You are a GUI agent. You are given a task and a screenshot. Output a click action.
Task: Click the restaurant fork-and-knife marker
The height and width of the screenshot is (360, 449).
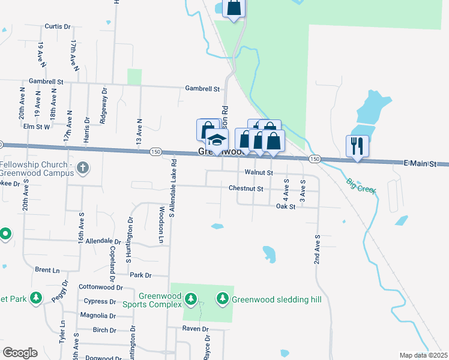[x=357, y=145]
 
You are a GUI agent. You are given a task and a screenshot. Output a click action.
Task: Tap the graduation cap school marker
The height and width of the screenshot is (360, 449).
[x=216, y=140]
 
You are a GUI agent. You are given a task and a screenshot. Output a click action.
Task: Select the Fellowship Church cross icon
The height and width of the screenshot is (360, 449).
[x=83, y=169]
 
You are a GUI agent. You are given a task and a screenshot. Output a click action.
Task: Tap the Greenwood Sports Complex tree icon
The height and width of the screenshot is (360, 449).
[x=191, y=298]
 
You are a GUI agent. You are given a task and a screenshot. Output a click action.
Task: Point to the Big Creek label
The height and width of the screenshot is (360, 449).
[x=361, y=185]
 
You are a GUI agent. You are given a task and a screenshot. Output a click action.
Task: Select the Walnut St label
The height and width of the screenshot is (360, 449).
[x=259, y=173]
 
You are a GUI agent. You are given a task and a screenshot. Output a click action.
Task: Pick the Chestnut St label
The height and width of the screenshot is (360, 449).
[x=246, y=188]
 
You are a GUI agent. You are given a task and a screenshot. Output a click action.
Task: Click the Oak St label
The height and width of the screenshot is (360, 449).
[x=286, y=207]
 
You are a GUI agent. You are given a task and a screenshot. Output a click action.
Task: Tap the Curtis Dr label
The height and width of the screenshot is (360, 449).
[x=58, y=27]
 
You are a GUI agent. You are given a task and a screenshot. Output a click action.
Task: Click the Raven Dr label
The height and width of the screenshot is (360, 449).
[x=196, y=329]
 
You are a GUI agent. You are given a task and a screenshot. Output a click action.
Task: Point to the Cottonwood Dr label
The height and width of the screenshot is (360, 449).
[x=101, y=287]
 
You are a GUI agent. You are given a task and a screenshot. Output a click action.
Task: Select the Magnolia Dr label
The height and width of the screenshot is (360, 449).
[x=98, y=315]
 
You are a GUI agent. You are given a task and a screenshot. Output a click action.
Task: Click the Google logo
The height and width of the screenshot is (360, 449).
[x=20, y=353]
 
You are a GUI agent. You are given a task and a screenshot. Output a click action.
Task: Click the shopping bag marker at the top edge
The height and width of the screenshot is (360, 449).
[x=234, y=7]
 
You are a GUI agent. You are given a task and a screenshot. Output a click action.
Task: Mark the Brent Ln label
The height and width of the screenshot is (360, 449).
[x=47, y=271]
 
